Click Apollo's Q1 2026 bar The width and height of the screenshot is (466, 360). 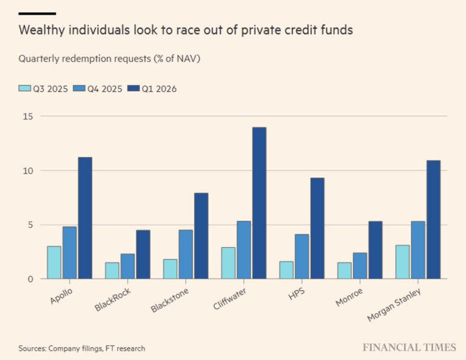[85, 218]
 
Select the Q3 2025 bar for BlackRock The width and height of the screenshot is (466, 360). [112, 271]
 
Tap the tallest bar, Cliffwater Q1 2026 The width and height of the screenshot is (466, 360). [259, 203]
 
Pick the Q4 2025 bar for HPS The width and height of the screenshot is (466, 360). [302, 257]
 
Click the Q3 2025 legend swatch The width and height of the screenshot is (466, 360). [24, 89]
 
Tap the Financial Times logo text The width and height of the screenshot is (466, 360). [409, 347]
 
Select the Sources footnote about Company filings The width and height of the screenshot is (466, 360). [81, 348]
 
